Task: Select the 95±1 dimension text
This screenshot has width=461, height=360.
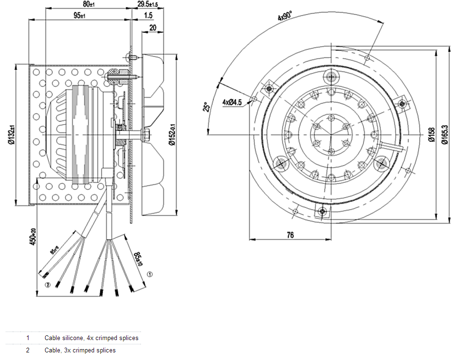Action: point(79,16)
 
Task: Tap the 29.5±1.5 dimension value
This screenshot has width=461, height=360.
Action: point(147,4)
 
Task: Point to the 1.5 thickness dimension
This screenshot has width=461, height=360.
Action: point(148,16)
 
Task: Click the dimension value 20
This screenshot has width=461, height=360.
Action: point(152,28)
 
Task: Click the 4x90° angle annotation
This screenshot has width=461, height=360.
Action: point(285,18)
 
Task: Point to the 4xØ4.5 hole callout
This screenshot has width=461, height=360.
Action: point(232,102)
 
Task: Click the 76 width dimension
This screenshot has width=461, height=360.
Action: point(291,235)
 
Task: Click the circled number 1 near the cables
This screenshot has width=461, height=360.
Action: point(150,274)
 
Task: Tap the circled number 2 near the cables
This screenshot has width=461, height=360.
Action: point(47,285)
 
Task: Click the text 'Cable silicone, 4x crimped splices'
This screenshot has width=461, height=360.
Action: point(92,338)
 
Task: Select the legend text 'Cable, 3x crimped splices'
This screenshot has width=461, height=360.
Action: point(80,351)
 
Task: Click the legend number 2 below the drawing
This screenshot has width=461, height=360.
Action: point(28,351)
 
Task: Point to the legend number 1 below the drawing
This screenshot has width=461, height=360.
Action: point(28,338)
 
